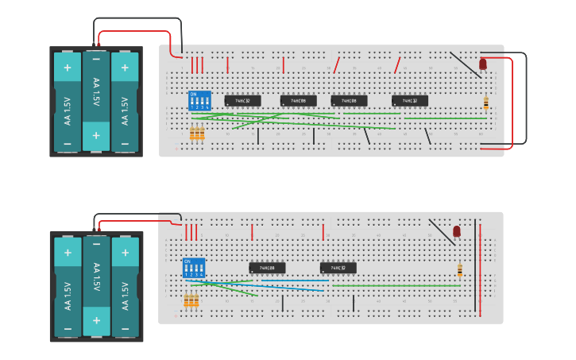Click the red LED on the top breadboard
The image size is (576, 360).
point(482,64)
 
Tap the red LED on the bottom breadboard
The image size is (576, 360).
point(456,231)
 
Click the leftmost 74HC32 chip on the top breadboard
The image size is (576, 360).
point(242,101)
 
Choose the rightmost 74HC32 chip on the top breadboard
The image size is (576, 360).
point(410,101)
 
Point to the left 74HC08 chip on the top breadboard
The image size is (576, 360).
point(298,101)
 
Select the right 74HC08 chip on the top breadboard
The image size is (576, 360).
point(349,101)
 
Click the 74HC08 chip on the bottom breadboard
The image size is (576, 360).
point(267,268)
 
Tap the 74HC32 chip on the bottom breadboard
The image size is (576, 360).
point(338,268)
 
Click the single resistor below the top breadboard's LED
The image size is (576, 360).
point(485,102)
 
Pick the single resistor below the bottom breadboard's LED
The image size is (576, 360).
point(459,270)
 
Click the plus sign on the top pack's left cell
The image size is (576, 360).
point(68,68)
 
